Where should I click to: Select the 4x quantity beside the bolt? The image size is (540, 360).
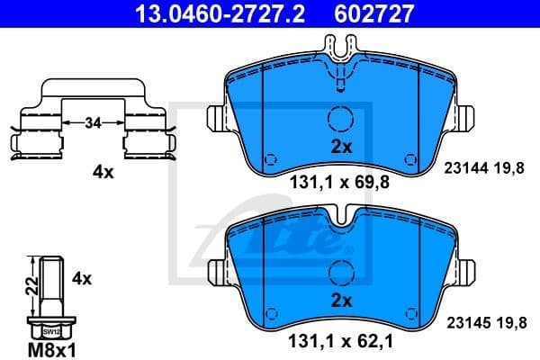[x=82, y=279]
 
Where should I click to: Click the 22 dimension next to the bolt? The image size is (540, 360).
[x=31, y=286]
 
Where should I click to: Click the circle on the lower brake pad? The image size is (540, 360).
[x=341, y=271]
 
